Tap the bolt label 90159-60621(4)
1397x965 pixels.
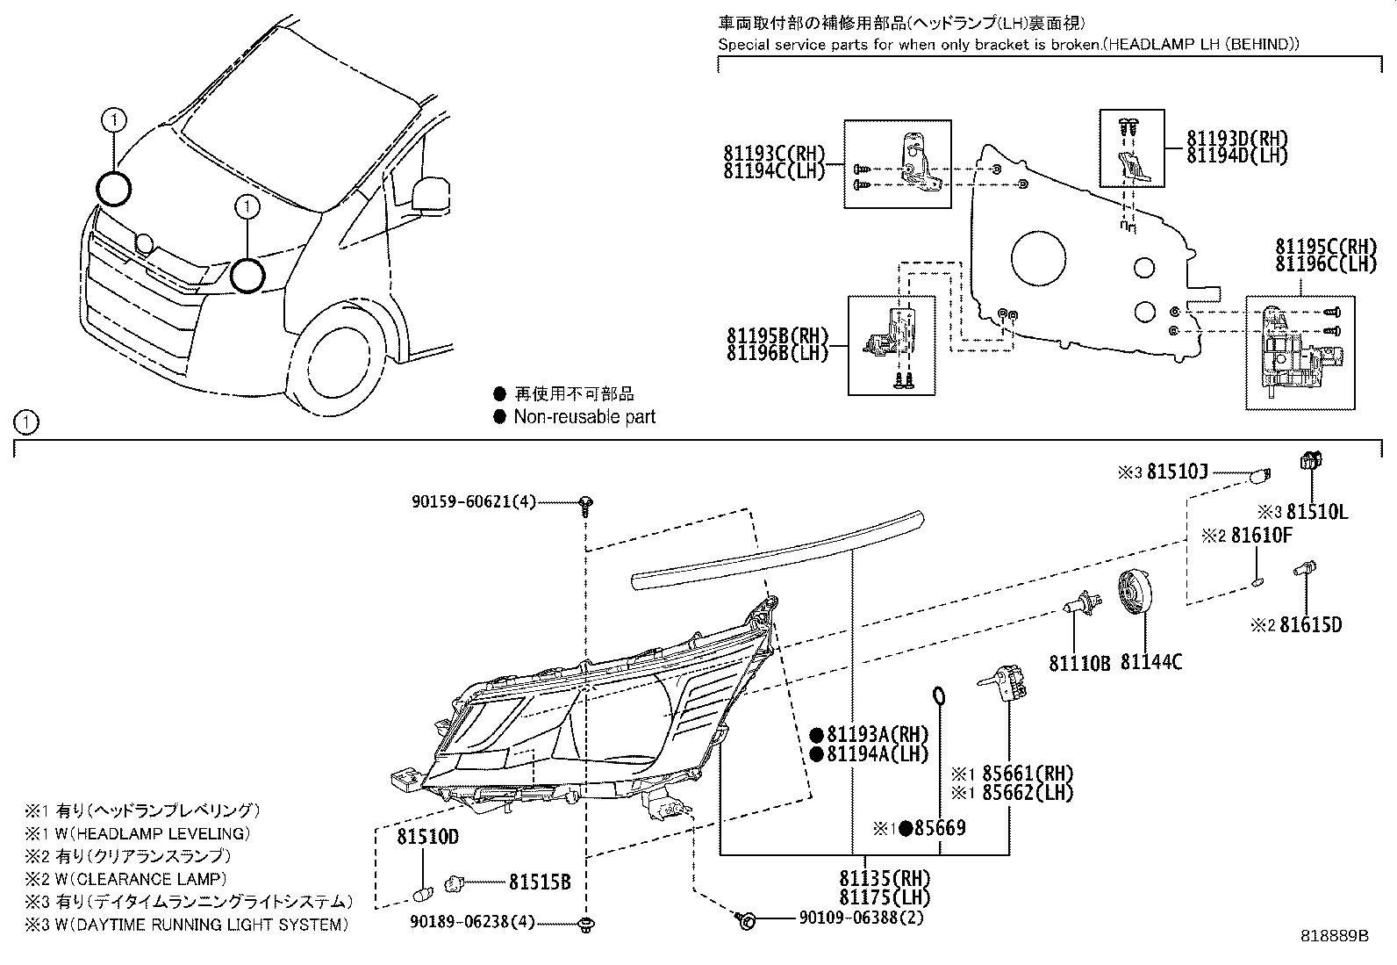tap(473, 502)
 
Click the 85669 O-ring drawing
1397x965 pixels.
tap(939, 696)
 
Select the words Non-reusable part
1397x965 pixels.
tap(584, 417)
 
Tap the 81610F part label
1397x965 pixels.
tap(1261, 535)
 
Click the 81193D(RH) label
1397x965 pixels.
tap(1237, 139)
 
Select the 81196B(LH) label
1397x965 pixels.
tap(777, 353)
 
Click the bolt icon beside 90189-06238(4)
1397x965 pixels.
tap(584, 923)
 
